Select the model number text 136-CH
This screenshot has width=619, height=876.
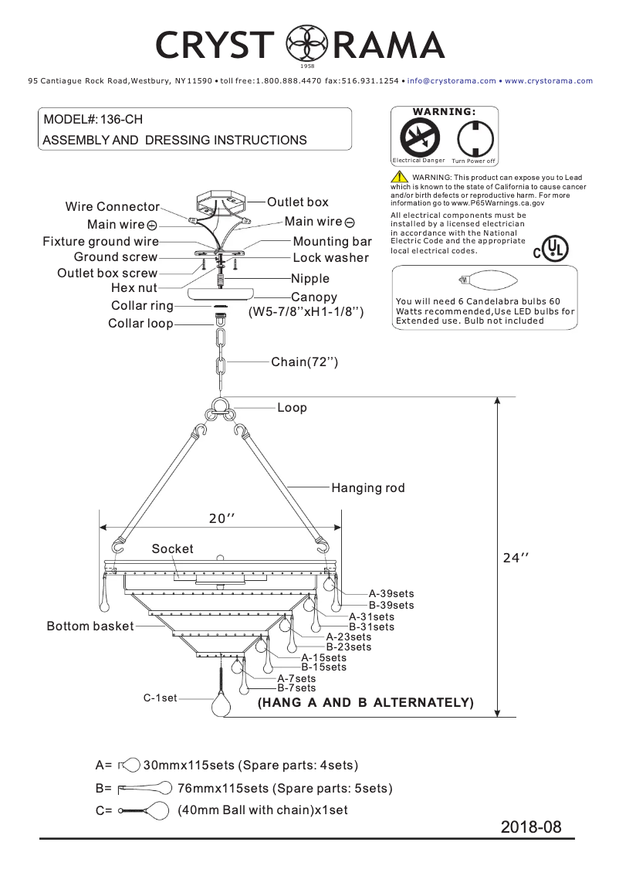point(120,120)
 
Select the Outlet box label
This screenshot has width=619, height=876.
point(297,202)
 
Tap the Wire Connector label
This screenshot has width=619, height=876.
point(112,207)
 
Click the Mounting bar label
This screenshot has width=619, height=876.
point(332,242)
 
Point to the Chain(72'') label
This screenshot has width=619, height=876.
point(304,362)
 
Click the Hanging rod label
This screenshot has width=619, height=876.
point(367,487)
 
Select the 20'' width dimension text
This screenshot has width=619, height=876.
point(222,519)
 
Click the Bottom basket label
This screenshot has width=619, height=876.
point(90,626)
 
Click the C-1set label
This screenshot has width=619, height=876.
point(160,698)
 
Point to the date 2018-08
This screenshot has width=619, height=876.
point(531,827)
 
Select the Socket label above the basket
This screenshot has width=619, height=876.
point(172,548)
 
